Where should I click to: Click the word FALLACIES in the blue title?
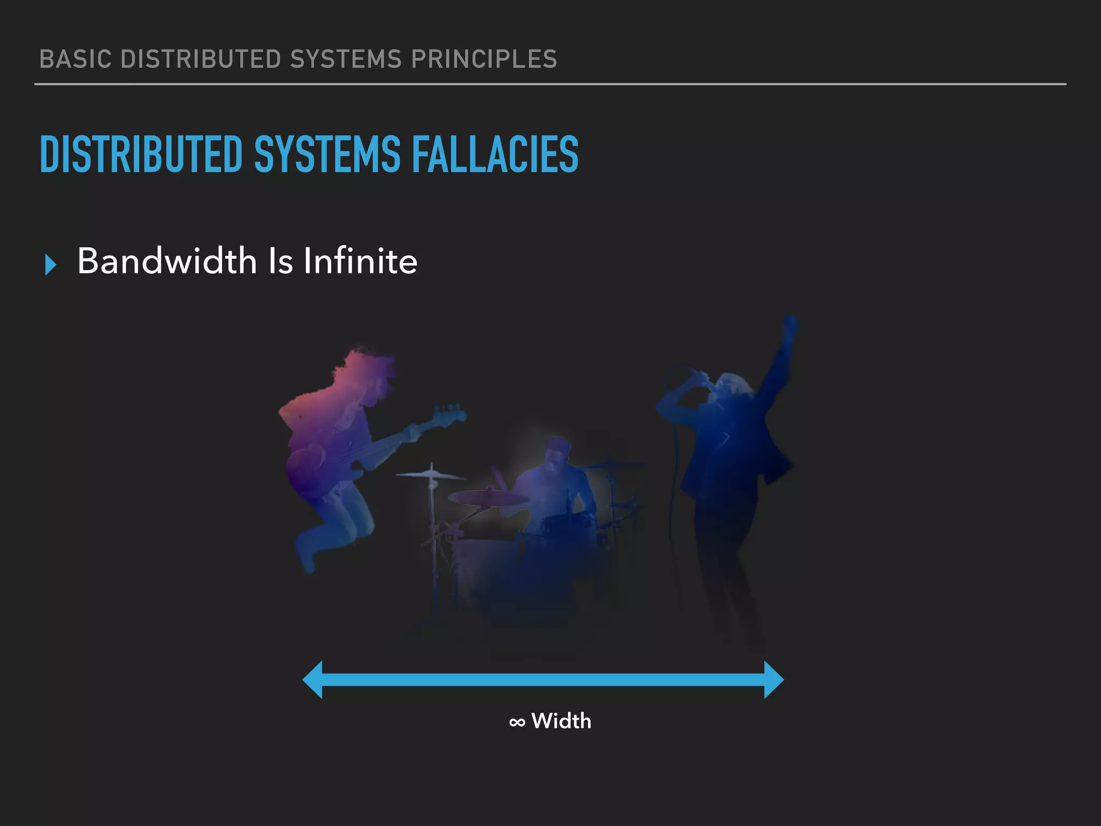[x=495, y=154]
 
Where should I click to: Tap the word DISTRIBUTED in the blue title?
[x=141, y=154]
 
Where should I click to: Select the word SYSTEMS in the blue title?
[x=327, y=154]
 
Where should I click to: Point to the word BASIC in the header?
[x=75, y=59]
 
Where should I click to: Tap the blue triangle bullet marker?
[x=51, y=265]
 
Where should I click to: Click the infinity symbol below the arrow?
[x=517, y=722]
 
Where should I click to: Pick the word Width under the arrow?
[x=561, y=721]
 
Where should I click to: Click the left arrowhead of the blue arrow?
[x=313, y=680]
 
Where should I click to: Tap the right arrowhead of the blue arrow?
[x=774, y=680]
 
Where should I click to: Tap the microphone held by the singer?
[x=699, y=376]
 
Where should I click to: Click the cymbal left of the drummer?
[x=430, y=475]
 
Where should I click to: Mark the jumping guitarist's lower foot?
[x=308, y=562]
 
